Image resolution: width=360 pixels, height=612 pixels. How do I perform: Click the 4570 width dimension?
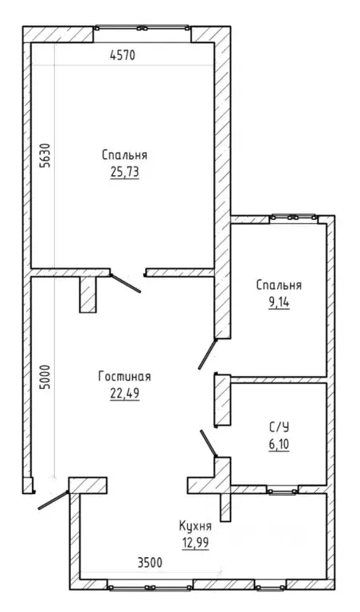[123, 56]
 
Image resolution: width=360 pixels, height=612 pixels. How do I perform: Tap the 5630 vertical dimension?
[46, 155]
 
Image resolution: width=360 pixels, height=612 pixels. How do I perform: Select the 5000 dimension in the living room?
[46, 378]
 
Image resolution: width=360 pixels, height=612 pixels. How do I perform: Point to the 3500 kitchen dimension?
[150, 563]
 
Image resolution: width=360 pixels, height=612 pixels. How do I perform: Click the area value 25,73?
[125, 172]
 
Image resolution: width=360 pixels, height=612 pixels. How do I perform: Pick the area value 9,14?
[279, 304]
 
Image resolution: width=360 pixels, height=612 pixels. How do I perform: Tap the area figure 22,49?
[125, 394]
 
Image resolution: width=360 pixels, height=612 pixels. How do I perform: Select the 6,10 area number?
[279, 445]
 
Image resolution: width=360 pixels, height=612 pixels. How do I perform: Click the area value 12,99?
[195, 543]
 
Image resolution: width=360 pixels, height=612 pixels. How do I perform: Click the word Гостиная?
[125, 377]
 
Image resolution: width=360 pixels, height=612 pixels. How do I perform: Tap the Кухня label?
[195, 527]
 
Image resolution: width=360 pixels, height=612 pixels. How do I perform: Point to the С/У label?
[279, 428]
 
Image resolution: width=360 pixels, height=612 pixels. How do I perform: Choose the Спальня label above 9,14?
[279, 285]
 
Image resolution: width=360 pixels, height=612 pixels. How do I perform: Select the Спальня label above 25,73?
[125, 155]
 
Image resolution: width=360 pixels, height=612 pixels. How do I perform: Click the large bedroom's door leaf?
[125, 283]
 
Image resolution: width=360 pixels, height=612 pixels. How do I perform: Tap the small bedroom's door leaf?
[208, 354]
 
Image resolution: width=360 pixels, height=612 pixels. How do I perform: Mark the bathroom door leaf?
[209, 443]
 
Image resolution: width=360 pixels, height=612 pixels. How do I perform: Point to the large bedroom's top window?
[143, 28]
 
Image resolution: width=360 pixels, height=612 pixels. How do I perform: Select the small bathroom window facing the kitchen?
[283, 491]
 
